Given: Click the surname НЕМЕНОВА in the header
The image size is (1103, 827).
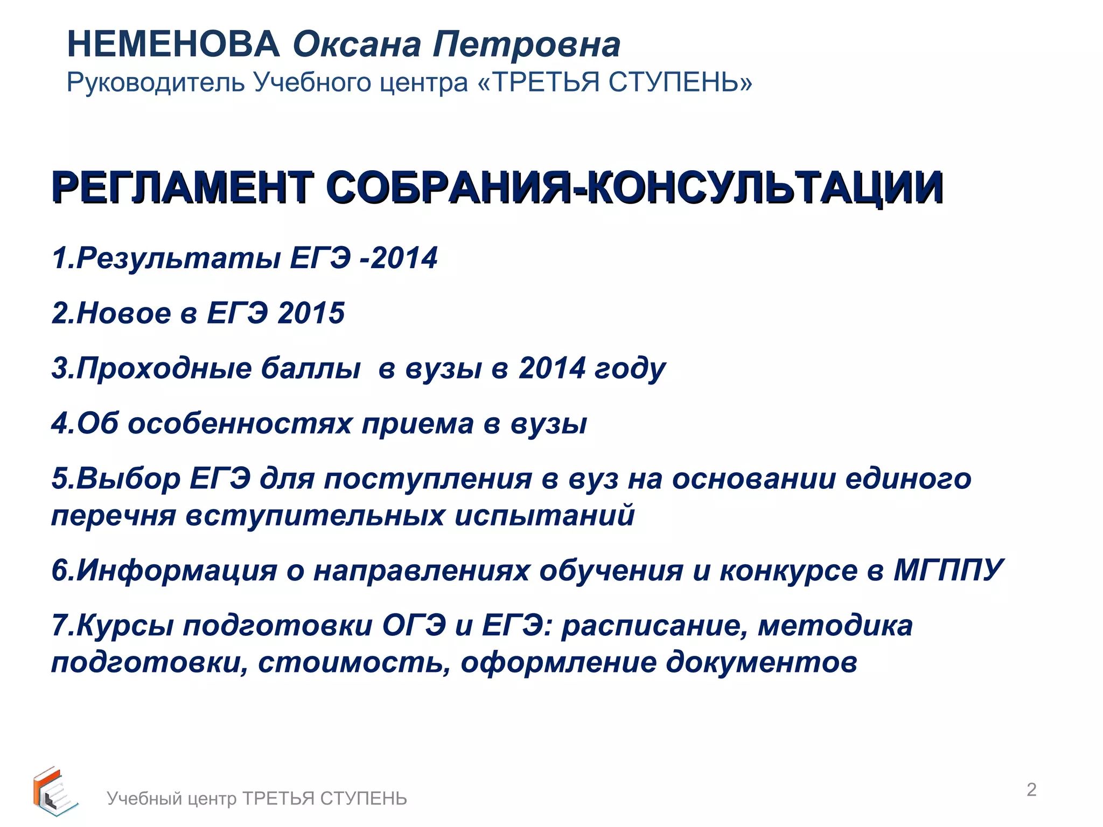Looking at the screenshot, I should pyautogui.click(x=173, y=44).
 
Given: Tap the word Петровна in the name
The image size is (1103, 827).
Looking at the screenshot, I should pyautogui.click(x=526, y=45).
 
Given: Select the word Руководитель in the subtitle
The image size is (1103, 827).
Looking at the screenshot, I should pyautogui.click(x=156, y=82).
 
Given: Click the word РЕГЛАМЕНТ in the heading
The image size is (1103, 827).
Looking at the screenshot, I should pyautogui.click(x=183, y=187).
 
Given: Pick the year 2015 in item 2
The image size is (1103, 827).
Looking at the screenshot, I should pyautogui.click(x=311, y=313).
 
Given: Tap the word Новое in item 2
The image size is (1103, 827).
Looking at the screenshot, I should pyautogui.click(x=124, y=313).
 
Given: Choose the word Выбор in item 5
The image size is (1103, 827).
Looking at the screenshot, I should pyautogui.click(x=129, y=479).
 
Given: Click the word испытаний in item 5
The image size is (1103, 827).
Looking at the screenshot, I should pyautogui.click(x=544, y=516).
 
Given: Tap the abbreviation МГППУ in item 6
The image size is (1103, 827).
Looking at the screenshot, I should pyautogui.click(x=948, y=570).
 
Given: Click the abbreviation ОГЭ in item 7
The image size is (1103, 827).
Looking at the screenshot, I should pyautogui.click(x=414, y=626).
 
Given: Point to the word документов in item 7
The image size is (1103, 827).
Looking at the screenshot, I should pyautogui.click(x=762, y=662).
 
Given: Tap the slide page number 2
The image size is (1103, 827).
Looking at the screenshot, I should pyautogui.click(x=1031, y=789).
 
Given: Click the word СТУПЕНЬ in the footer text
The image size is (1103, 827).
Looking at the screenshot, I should pyautogui.click(x=364, y=798).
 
